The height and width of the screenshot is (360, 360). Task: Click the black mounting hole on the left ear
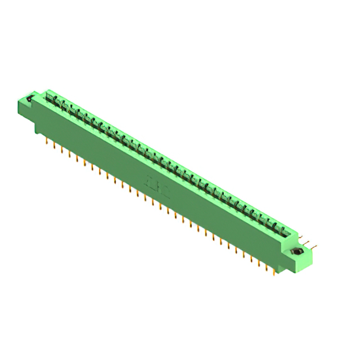click(x=30, y=99)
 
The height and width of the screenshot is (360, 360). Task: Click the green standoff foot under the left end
click(x=39, y=129)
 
